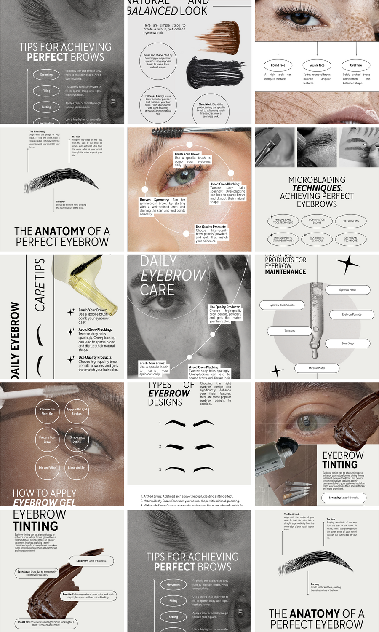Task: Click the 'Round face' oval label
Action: (278, 65)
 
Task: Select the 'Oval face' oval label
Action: (356, 65)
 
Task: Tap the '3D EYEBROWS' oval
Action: (351, 221)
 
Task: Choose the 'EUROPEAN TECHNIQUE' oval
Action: (351, 239)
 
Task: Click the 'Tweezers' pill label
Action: (289, 331)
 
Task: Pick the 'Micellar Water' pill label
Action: (317, 368)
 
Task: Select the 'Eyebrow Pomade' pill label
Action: (352, 314)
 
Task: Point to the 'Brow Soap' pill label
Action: (347, 343)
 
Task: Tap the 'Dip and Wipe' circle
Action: (47, 467)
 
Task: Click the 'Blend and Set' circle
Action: (77, 467)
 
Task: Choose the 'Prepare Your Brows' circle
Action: (47, 439)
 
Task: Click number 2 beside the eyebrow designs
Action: (160, 446)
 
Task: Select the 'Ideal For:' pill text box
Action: (46, 623)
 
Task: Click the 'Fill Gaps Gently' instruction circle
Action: (158, 105)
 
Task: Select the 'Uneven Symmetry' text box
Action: (163, 207)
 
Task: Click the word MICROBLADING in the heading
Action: (317, 180)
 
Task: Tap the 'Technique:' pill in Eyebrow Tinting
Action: (37, 573)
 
